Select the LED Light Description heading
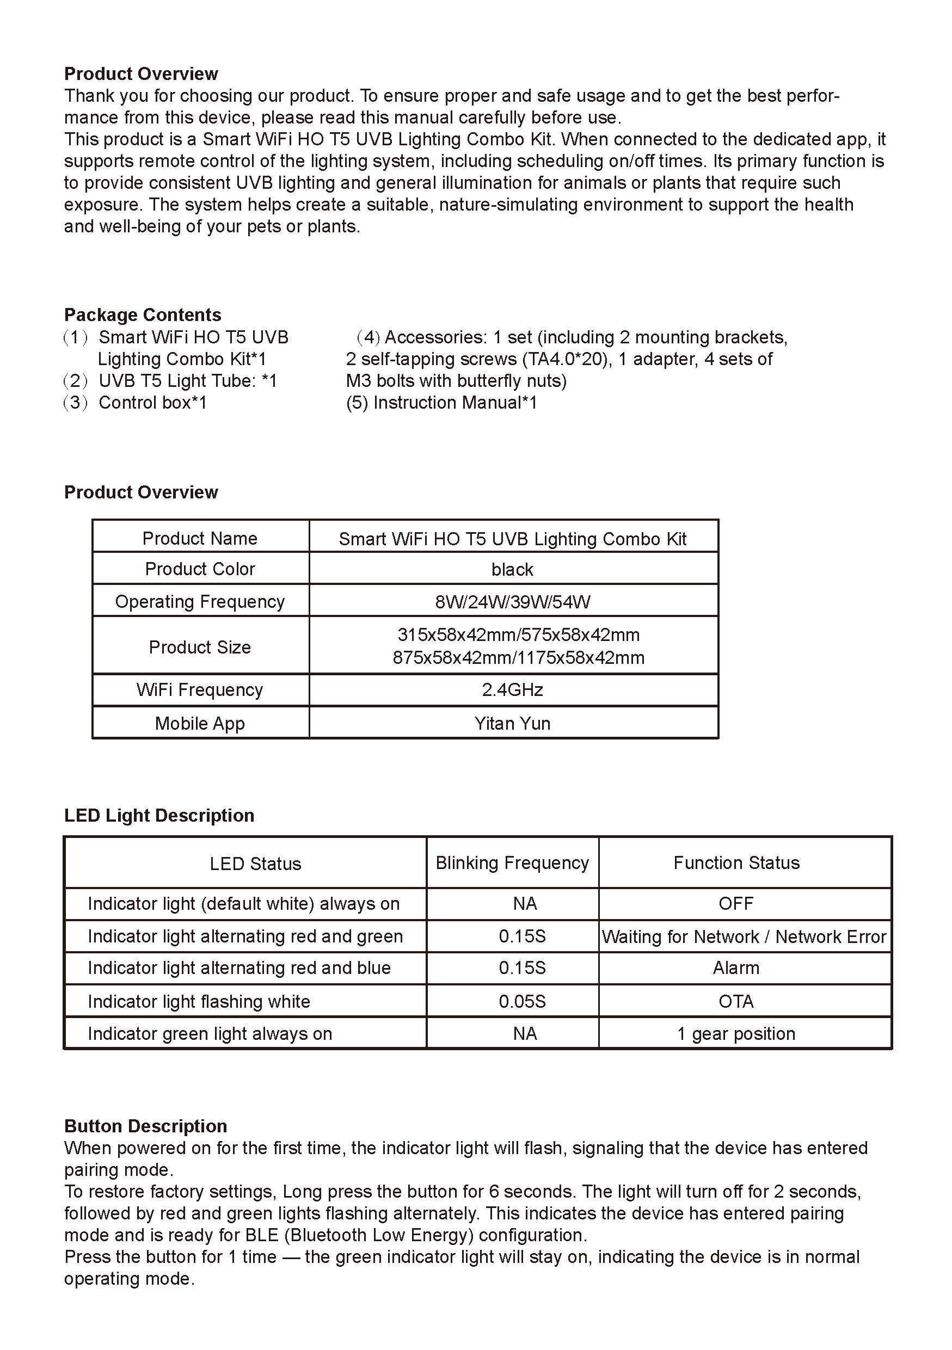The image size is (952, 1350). pos(159,816)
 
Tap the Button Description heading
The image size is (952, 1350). pos(145,1126)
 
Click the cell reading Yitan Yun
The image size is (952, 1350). pos(512,723)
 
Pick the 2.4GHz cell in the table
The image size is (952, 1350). pos(512,690)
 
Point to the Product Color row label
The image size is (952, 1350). pos(200,569)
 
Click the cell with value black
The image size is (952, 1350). pos(512,569)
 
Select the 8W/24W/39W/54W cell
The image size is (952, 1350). pos(512,601)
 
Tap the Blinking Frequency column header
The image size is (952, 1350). pos(512,862)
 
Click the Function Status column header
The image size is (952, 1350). pos(736,862)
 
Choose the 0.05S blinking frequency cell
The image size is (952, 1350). pos(522,1001)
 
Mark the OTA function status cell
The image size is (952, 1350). pos(736,1001)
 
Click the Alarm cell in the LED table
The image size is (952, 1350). pos(736,968)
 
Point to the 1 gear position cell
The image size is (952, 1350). pos(736,1034)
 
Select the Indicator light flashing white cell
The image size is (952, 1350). pos(199,1001)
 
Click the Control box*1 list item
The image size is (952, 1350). pos(152,403)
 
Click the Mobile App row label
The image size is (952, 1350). pos(200,723)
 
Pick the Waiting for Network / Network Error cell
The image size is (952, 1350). pos(744,936)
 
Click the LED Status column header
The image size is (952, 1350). pos(255,864)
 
